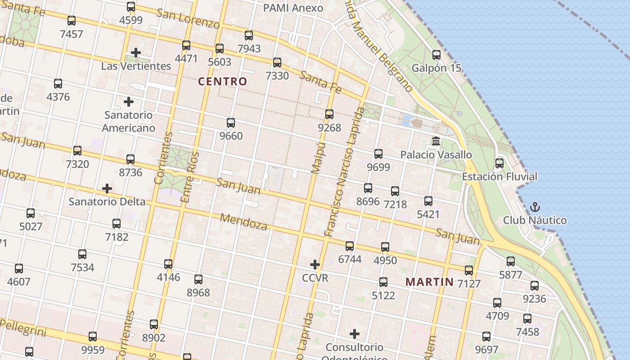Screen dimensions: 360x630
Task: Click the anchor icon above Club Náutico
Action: pos(535,207)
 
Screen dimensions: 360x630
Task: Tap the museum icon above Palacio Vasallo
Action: pos(436,141)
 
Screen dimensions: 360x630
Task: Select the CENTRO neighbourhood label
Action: pos(223,81)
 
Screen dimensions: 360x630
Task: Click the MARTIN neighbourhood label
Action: pos(429,282)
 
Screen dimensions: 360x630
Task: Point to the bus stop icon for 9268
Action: pos(329,114)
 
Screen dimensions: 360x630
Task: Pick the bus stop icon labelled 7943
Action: pos(249,36)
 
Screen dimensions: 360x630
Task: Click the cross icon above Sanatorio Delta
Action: pos(107,188)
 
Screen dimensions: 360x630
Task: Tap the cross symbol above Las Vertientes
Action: pos(136,53)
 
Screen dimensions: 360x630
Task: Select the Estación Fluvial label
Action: pos(499,176)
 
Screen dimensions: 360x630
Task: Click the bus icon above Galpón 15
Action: pos(436,55)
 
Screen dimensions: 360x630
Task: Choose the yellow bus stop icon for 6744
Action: pos(350,246)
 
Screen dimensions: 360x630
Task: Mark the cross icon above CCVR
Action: pos(315,264)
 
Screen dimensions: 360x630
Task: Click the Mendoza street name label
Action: pos(243,221)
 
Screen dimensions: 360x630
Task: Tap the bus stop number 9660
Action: pos(231,136)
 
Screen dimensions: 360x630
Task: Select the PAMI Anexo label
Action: pos(293,8)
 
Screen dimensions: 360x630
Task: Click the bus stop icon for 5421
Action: pos(428,201)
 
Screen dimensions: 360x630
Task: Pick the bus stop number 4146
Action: pos(168,277)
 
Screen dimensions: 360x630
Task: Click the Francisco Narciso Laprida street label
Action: pos(344,171)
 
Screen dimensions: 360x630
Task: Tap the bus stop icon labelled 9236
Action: pos(535,286)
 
